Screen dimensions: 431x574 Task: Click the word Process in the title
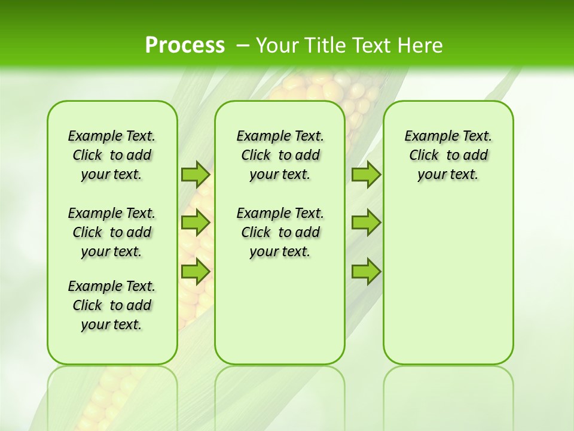185,45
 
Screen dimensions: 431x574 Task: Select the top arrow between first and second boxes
196,174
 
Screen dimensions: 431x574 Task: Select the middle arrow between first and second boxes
196,223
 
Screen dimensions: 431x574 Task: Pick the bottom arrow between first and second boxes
196,271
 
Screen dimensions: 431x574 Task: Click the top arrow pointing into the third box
366,174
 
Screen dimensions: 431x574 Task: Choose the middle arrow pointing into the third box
366,223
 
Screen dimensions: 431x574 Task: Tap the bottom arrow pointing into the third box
366,271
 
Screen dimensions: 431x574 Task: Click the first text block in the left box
112,155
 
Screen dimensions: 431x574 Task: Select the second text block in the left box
112,232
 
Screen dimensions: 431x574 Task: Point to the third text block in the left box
112,305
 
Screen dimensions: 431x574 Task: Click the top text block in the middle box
280,155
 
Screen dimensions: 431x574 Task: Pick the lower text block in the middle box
280,232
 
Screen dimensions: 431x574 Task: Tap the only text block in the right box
448,155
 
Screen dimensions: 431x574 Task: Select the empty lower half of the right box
448,287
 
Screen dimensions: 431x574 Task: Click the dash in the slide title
242,45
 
